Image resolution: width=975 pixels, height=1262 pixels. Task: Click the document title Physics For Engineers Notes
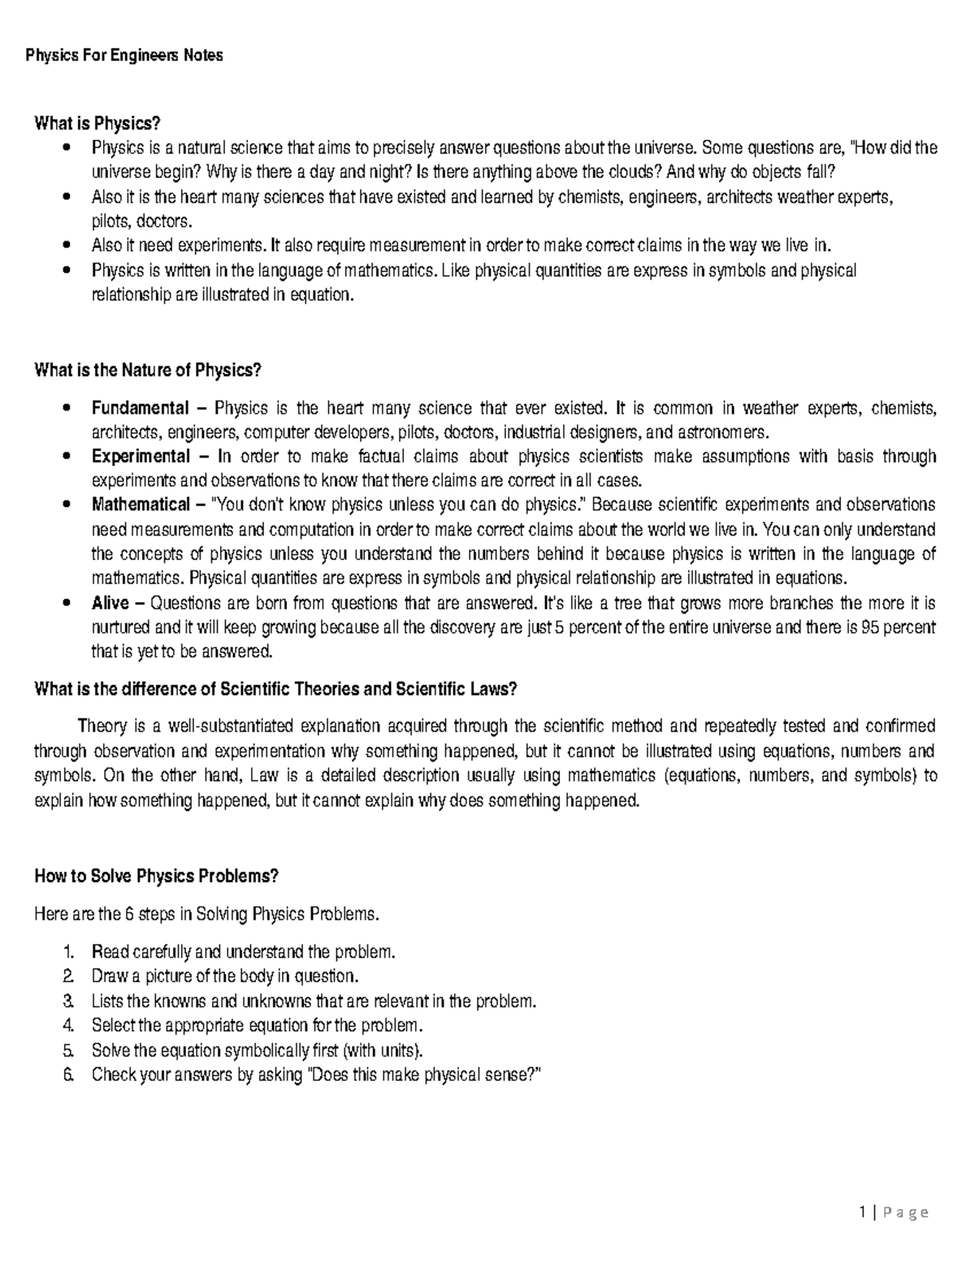[124, 56]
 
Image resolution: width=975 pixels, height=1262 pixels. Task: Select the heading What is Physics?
[92, 124]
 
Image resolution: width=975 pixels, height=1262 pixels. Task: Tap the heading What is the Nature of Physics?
[147, 371]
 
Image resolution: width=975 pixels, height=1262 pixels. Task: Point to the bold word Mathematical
[140, 505]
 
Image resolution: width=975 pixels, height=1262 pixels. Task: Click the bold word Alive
[110, 603]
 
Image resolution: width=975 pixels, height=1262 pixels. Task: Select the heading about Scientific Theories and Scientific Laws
[275, 689]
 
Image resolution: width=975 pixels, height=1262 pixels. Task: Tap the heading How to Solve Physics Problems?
[157, 876]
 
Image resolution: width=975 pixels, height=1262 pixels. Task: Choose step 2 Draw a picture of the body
[224, 976]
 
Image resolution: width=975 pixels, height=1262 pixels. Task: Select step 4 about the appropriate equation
[258, 1025]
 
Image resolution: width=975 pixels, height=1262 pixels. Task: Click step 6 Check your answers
[316, 1075]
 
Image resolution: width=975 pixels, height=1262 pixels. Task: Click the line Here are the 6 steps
[206, 914]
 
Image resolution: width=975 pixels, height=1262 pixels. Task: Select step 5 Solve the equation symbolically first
[258, 1049]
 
